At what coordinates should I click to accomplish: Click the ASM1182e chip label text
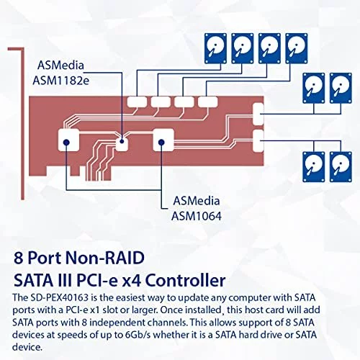pyautogui.click(x=60, y=81)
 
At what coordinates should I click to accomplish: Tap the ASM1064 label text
pyautogui.click(x=197, y=216)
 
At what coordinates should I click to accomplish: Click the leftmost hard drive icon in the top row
pyautogui.click(x=215, y=48)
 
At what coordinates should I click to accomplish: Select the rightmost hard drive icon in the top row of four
pyautogui.click(x=297, y=48)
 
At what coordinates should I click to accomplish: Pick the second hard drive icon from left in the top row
pyautogui.click(x=243, y=48)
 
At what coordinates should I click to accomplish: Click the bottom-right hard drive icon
pyautogui.click(x=341, y=167)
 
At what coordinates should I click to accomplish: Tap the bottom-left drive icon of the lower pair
pyautogui.click(x=314, y=167)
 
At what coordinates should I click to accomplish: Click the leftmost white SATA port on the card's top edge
pyautogui.click(x=137, y=102)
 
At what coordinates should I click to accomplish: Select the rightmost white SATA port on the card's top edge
pyautogui.click(x=208, y=102)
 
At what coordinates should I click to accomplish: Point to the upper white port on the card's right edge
pyautogui.click(x=258, y=114)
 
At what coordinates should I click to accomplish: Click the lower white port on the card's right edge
pyautogui.click(x=258, y=141)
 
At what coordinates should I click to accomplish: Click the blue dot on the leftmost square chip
pyautogui.click(x=66, y=143)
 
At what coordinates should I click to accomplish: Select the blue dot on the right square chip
pyautogui.click(x=162, y=143)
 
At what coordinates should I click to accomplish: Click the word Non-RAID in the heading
pyautogui.click(x=105, y=258)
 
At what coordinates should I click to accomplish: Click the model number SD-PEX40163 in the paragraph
pyautogui.click(x=60, y=297)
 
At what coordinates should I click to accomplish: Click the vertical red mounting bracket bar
pyautogui.click(x=22, y=124)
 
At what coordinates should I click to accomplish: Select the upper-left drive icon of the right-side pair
pyautogui.click(x=314, y=88)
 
